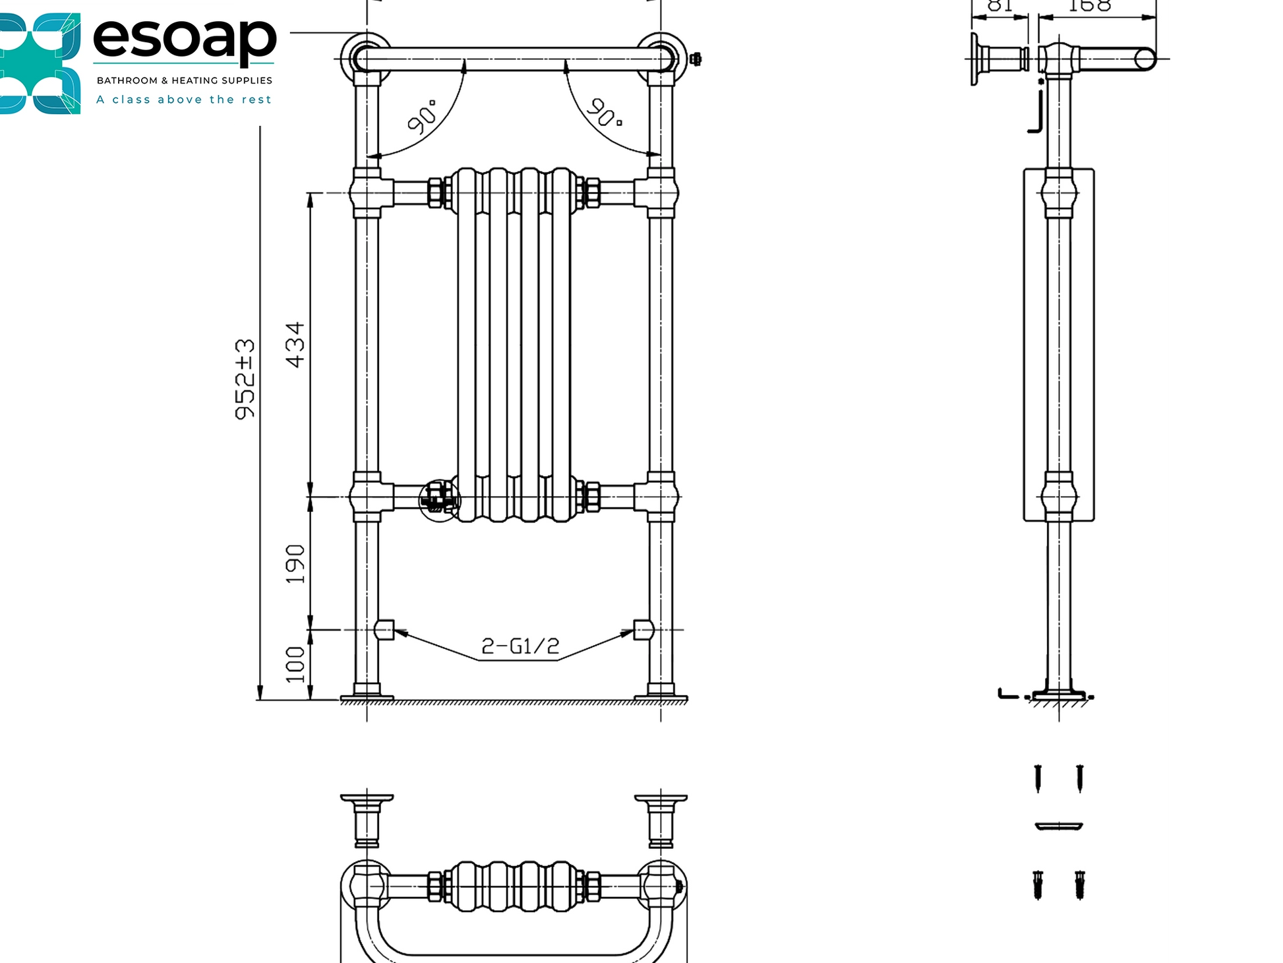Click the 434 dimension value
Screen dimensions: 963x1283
[295, 344]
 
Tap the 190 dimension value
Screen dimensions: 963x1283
[295, 564]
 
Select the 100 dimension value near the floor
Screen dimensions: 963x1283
[295, 664]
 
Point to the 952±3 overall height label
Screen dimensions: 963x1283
[245, 379]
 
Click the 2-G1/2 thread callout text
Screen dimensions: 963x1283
[520, 646]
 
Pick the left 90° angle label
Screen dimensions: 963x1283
[422, 117]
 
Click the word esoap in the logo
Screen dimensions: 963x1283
[184, 38]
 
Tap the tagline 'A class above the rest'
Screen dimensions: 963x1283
[183, 100]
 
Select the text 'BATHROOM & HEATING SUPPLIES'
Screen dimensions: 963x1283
[184, 80]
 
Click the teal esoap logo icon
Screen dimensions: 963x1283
[40, 63]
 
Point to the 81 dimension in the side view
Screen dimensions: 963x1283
[1000, 6]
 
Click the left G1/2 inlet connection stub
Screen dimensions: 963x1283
[384, 630]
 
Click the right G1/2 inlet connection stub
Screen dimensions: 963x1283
[643, 630]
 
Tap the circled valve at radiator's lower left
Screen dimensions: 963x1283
[440, 499]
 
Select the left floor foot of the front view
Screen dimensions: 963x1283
[367, 693]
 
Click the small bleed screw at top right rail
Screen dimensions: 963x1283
[695, 59]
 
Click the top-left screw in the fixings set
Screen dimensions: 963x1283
[1038, 778]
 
